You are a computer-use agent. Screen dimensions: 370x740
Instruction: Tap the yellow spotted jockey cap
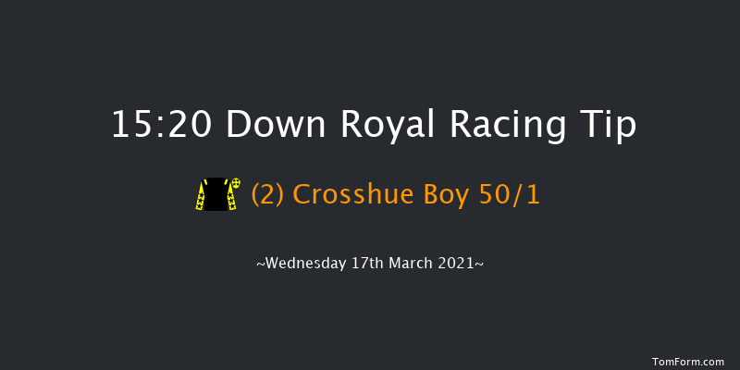236,184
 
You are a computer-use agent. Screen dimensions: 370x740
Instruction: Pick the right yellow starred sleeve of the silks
231,200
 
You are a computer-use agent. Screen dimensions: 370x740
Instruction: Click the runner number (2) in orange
264,194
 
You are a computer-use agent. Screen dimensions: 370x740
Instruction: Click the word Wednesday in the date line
302,263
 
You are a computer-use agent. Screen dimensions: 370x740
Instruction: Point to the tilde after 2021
479,263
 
